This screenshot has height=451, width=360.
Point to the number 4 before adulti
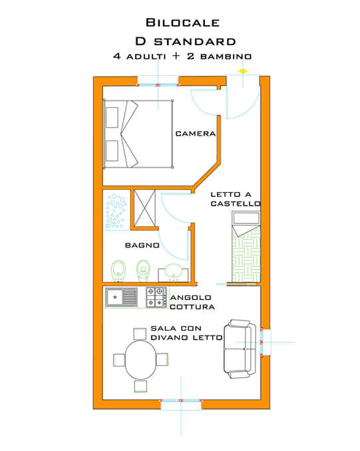coord(116,57)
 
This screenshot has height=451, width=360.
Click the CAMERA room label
coord(195,134)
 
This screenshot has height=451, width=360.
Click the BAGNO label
coord(142,245)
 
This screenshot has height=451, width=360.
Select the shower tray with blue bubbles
coord(116,211)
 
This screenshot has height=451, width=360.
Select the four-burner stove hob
coord(156,297)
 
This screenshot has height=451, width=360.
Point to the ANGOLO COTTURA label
coord(192,303)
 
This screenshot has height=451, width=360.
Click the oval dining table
coord(140,360)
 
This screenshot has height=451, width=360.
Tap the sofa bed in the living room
coord(238,347)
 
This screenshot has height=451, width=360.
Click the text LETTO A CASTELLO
coord(235,199)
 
